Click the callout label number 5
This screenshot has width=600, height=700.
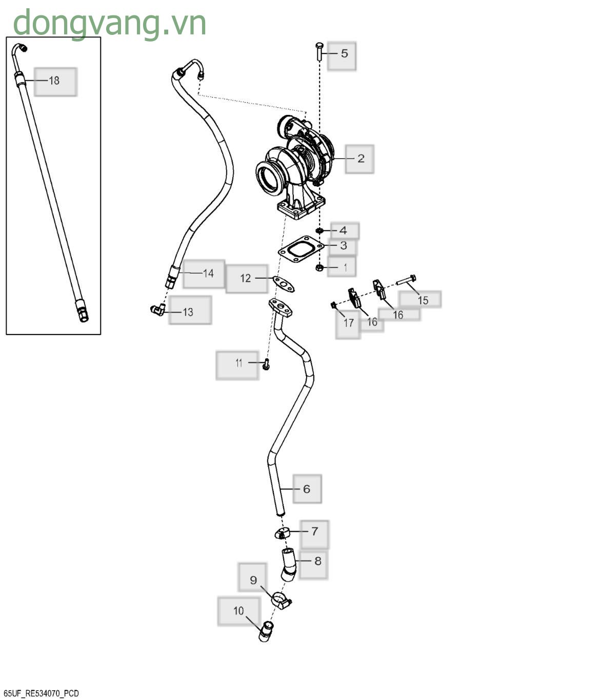point(344,53)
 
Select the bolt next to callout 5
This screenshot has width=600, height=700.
point(319,51)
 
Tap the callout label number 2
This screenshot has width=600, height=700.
point(361,159)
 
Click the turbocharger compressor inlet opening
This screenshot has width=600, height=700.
point(269,178)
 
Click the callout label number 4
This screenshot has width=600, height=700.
point(343,230)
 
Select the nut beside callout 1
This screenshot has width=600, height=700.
point(319,268)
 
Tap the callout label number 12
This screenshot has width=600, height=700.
point(246,278)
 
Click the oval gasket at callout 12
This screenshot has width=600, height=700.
point(283,283)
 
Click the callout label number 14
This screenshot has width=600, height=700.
point(208,273)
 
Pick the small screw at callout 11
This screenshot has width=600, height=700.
point(266,365)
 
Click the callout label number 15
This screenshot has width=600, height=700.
point(423,300)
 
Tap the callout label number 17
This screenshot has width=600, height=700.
point(349,323)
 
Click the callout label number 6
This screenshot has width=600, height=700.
point(306,489)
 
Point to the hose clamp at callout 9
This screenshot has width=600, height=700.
point(282,601)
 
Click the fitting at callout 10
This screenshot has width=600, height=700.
point(266,631)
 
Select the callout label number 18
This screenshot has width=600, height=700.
point(54,81)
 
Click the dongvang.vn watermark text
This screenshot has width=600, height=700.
point(109,23)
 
